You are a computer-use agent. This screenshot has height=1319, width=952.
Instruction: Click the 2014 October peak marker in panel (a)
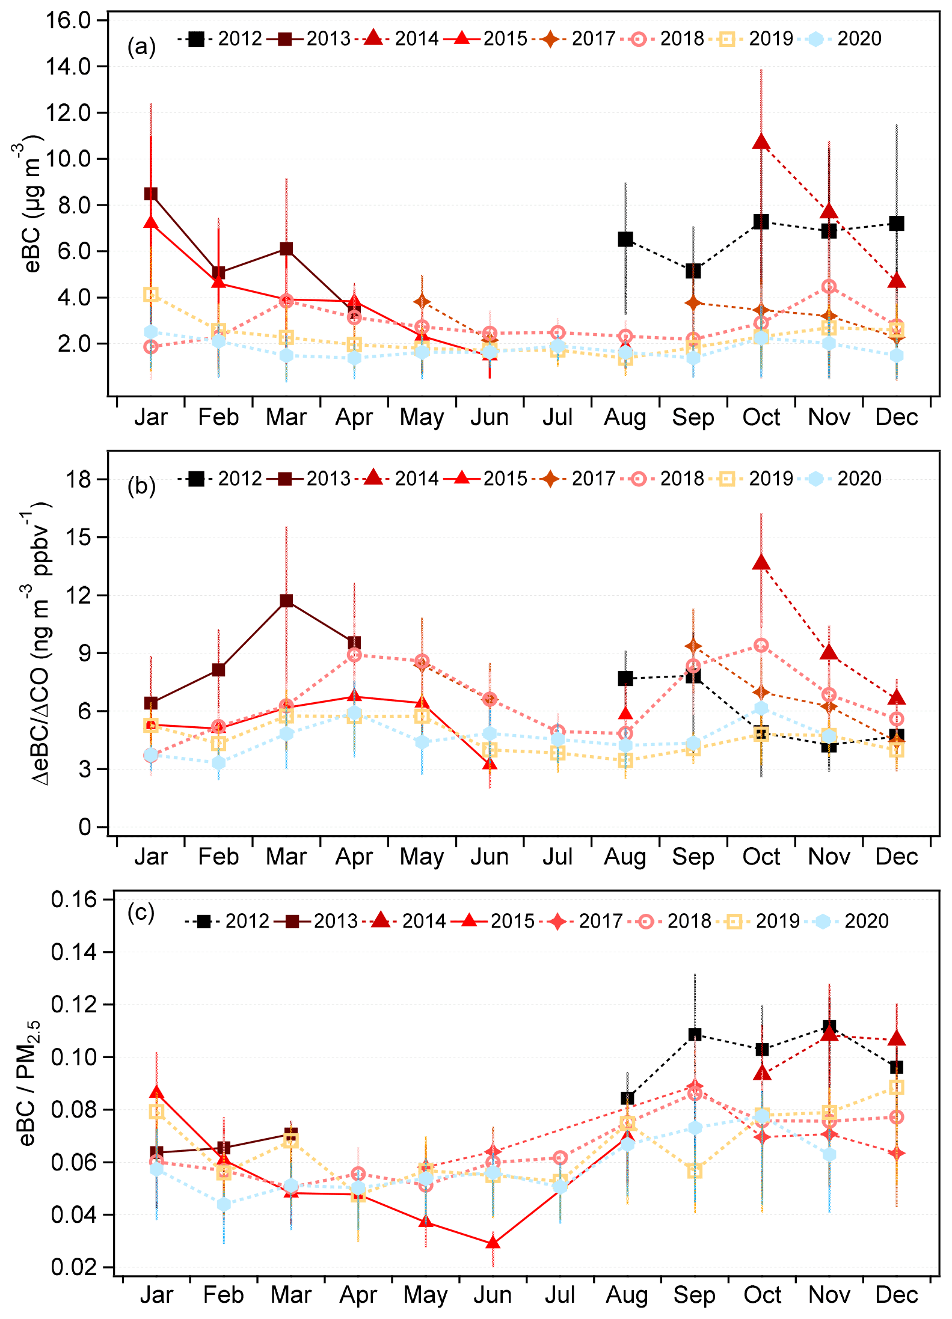pos(761,142)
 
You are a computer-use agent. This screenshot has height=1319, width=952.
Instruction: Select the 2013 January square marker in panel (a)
pos(151,194)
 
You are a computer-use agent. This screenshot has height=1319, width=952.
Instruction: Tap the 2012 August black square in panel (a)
pos(625,239)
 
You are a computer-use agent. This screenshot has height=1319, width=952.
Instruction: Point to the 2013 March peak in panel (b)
pos(286,601)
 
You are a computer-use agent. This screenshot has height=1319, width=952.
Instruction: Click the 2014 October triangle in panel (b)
pos(761,563)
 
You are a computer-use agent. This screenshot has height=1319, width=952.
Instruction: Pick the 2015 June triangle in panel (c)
pos(493,1243)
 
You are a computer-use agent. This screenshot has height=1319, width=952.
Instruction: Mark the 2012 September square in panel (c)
pos(695,1035)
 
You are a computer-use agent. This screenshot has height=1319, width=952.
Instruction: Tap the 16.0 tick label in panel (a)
pos(67,20)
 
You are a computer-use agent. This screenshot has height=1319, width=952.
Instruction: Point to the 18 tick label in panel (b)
pos(79,479)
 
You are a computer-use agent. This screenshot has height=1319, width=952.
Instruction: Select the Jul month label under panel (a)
pos(557,417)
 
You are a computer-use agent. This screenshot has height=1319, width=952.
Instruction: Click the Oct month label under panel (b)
pos(761,857)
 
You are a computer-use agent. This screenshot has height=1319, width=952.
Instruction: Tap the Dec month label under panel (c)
pos(897,1295)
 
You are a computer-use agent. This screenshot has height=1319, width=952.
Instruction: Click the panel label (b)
pos(141,486)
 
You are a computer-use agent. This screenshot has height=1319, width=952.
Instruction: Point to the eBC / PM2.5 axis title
pos(28,1082)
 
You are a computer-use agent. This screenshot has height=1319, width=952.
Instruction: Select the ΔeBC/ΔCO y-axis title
pos(41,643)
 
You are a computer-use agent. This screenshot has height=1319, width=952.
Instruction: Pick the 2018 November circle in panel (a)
pos(829,287)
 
